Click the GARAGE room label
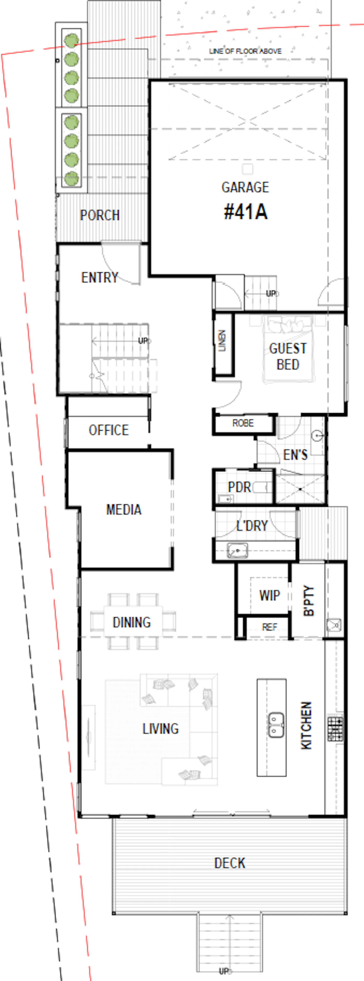tap(245, 187)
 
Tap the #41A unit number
tap(246, 212)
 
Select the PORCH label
tap(100, 215)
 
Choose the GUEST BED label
tap(288, 356)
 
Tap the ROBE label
tap(243, 423)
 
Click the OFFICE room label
tap(108, 430)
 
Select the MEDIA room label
tap(124, 510)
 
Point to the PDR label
tap(239, 487)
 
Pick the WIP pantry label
tap(270, 595)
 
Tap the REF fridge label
tap(270, 627)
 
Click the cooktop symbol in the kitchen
tap(335, 728)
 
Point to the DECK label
tap(230, 863)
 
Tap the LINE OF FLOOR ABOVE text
tap(245, 51)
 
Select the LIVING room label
tap(160, 728)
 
